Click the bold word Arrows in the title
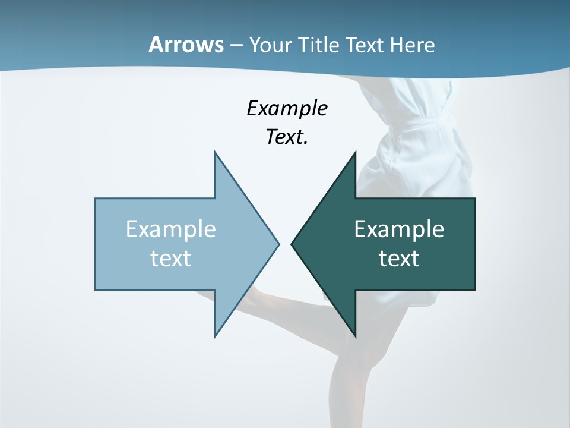click(x=186, y=45)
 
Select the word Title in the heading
click(x=322, y=45)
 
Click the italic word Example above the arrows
click(x=287, y=108)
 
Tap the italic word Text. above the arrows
click(x=287, y=137)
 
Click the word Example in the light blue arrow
click(x=171, y=229)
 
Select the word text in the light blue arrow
click(x=171, y=259)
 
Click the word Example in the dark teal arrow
click(x=399, y=229)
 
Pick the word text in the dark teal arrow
click(x=399, y=259)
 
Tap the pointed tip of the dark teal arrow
click(x=293, y=244)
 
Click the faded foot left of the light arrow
click(x=205, y=295)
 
